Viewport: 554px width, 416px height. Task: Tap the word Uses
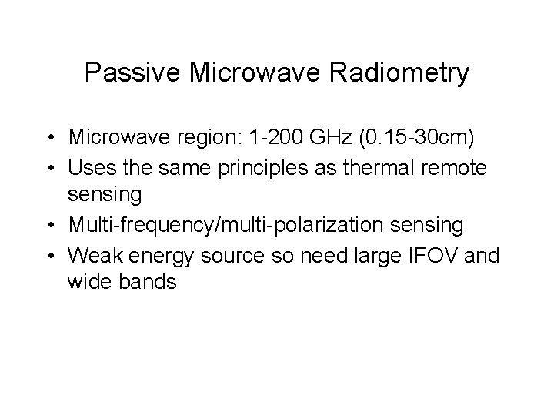coord(90,166)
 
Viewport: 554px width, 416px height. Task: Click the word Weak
coord(93,254)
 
